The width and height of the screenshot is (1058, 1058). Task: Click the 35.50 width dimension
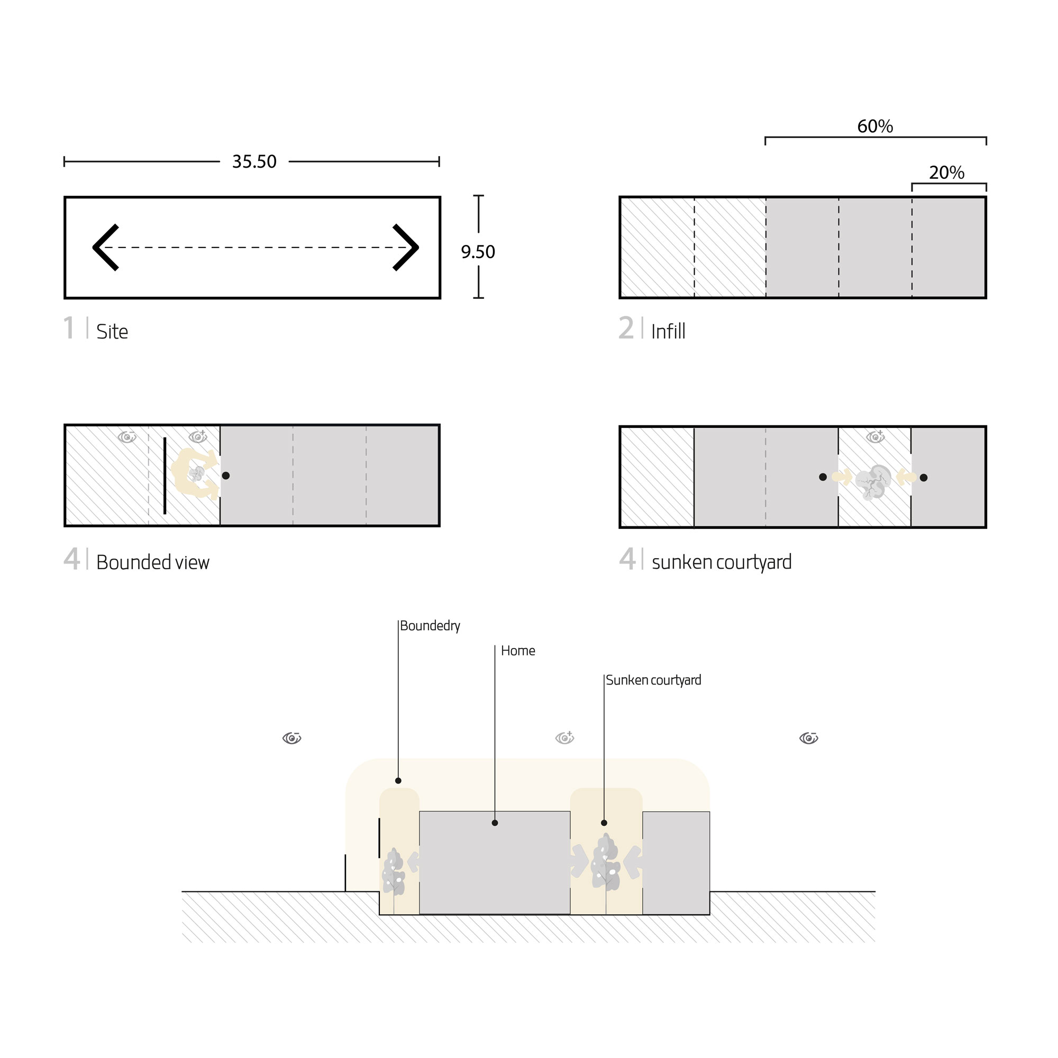tap(254, 161)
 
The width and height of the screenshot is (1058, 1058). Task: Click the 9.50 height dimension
tap(478, 252)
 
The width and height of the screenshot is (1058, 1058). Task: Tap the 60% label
tap(874, 126)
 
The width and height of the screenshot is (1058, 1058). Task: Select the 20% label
tap(946, 172)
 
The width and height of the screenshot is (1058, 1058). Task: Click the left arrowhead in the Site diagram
tap(105, 247)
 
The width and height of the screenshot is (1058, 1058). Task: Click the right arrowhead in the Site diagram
tap(406, 247)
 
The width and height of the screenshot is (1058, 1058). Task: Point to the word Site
tap(112, 332)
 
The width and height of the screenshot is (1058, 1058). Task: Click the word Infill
tap(668, 331)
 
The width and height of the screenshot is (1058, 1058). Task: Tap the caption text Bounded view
tap(153, 562)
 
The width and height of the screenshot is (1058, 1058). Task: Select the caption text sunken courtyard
tap(722, 562)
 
